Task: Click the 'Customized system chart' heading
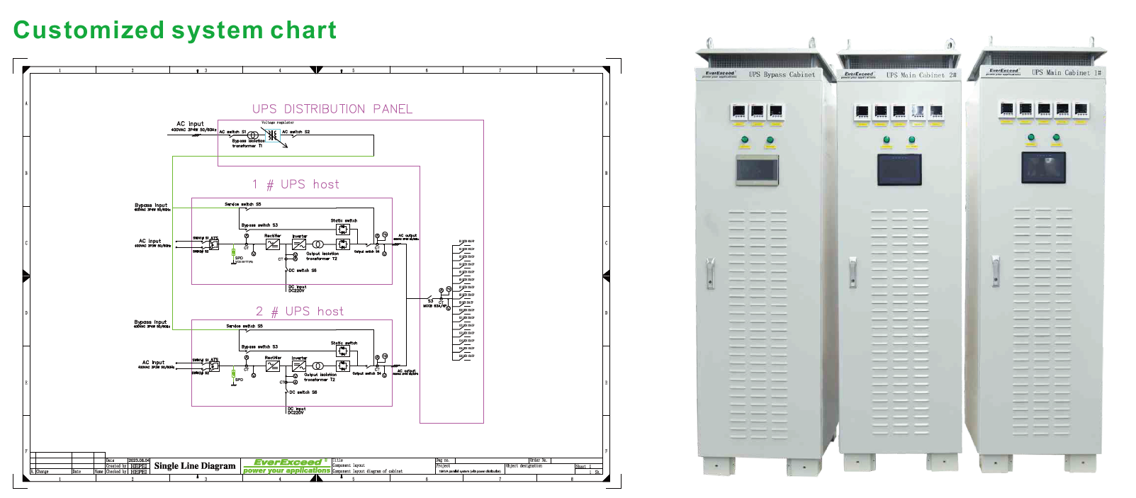click(x=174, y=30)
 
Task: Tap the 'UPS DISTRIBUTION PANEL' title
click(x=332, y=109)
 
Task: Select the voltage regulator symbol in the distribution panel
click(x=272, y=135)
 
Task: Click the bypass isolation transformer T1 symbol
click(x=253, y=135)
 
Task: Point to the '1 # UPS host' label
click(x=296, y=185)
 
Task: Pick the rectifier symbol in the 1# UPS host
click(x=273, y=244)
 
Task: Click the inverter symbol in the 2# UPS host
click(x=299, y=366)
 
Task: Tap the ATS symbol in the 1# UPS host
click(x=213, y=244)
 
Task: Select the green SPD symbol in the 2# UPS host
click(x=233, y=373)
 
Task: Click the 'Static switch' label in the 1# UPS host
click(x=344, y=221)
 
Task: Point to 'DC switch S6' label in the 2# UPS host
click(x=303, y=392)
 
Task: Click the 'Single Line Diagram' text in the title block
click(x=194, y=466)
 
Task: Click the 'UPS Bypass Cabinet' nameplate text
click(x=782, y=74)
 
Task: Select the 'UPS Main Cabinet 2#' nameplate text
click(x=921, y=75)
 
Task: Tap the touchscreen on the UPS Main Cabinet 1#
click(x=1043, y=167)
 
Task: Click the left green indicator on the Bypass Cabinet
click(x=745, y=140)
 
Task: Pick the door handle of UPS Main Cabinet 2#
click(x=853, y=272)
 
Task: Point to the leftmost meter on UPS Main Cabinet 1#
click(x=1007, y=110)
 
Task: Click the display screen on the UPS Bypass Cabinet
click(x=757, y=170)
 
